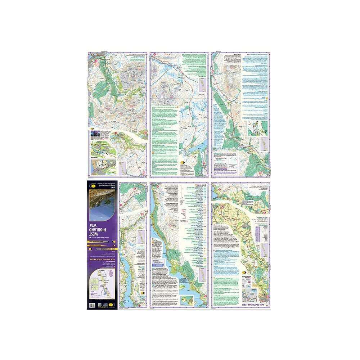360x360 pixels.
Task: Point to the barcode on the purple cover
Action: pos(92,305)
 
